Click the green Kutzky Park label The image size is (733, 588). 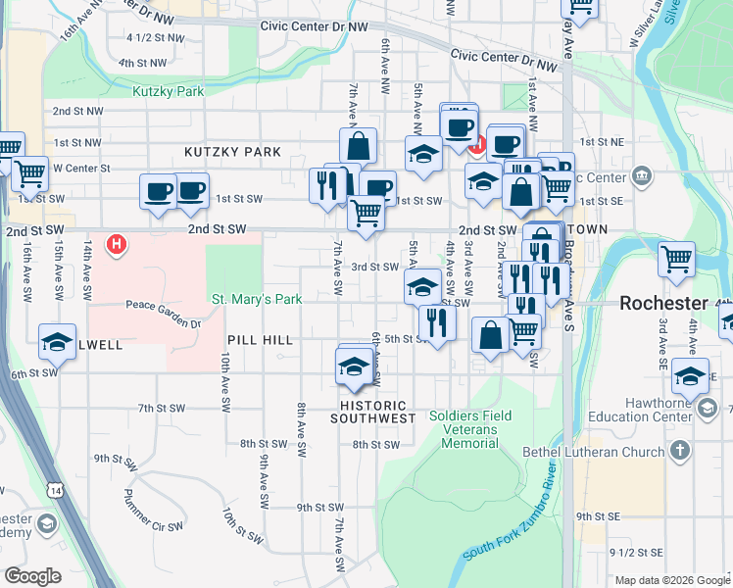[x=168, y=91]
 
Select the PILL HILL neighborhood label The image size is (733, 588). [x=260, y=339]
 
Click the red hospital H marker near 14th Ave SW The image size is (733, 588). [x=118, y=243]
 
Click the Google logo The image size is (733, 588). [x=32, y=576]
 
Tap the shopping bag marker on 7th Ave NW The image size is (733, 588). [x=359, y=147]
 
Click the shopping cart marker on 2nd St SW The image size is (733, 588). [x=366, y=213]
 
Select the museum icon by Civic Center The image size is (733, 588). [x=642, y=176]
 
